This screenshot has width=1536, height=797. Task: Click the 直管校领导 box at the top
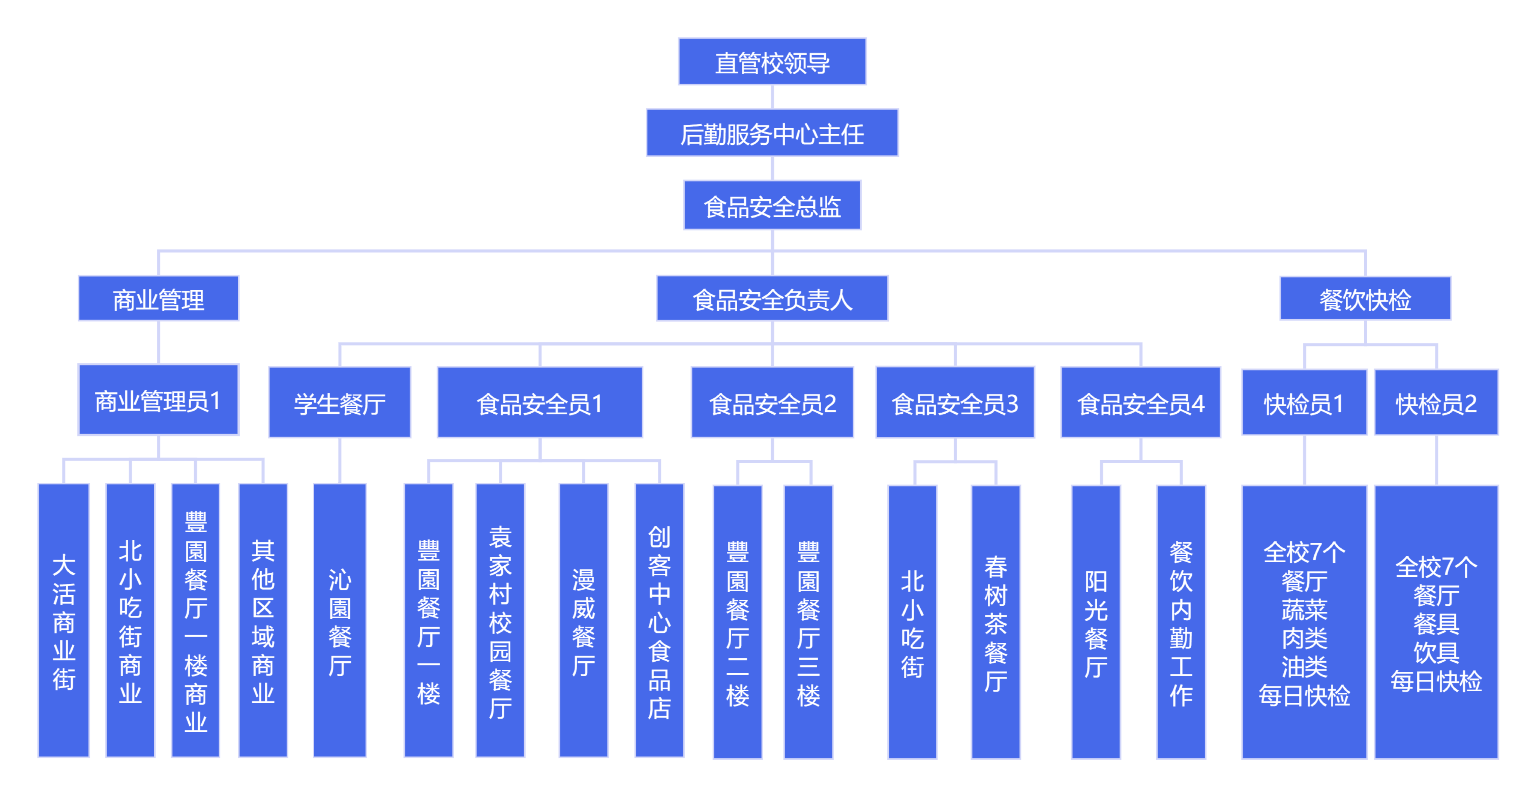tap(772, 62)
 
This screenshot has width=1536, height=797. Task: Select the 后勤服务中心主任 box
tap(772, 133)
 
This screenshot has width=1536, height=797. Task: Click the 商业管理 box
tap(159, 299)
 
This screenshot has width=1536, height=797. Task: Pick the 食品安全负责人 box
tap(772, 299)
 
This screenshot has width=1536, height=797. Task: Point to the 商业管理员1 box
tap(159, 400)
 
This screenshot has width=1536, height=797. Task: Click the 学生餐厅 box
tap(339, 403)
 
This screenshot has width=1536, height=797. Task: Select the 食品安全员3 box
tap(955, 403)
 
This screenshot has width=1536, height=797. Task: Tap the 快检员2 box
tap(1436, 403)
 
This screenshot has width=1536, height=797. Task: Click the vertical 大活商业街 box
tap(64, 620)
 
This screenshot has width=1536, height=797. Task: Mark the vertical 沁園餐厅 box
tap(339, 620)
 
